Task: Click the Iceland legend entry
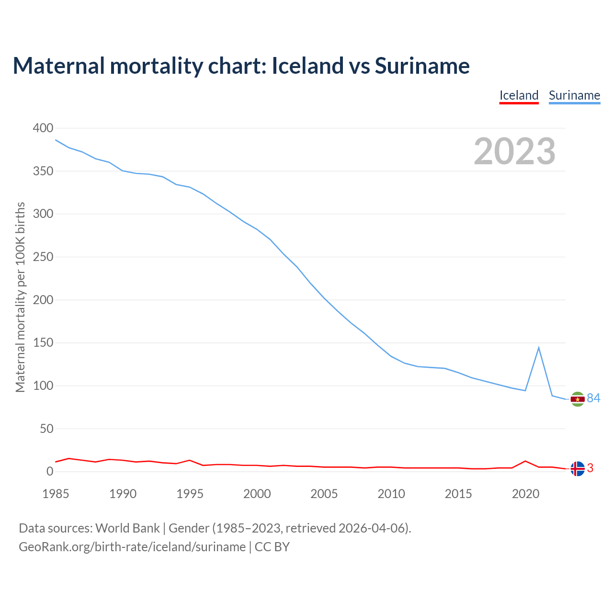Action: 519,95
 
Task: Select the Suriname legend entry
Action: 574,95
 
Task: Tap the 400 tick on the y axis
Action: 43,128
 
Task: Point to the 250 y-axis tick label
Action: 43,257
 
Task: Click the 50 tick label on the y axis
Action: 46,429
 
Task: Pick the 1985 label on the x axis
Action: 56,494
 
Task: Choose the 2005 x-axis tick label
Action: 324,494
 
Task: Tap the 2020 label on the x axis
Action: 525,494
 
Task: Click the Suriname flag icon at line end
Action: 578,399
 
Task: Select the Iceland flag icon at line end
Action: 578,468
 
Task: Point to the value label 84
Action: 594,398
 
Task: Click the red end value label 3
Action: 590,468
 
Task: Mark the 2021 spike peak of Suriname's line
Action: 539,347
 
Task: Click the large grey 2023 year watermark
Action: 514,151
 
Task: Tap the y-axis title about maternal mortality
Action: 20,297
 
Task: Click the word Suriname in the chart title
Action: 422,66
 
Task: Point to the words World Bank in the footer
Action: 127,528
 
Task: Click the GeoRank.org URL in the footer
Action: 132,547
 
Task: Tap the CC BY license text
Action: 272,547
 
